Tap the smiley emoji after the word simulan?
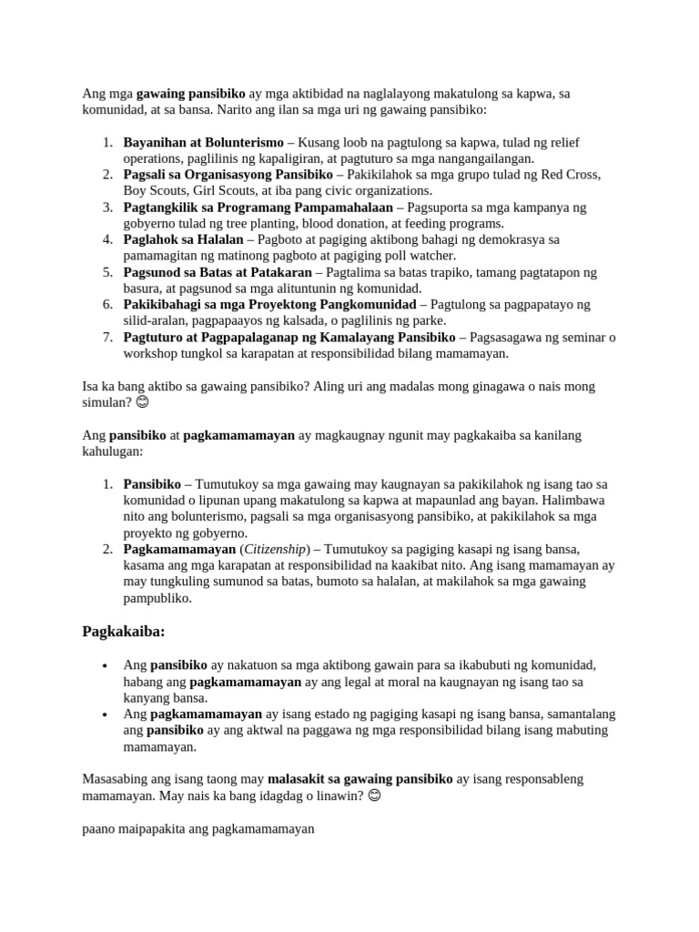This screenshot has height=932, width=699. [x=143, y=401]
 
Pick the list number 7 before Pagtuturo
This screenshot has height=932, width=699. [x=106, y=337]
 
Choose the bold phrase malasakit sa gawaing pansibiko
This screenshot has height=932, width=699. [x=360, y=779]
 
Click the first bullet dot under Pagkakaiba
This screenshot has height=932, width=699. [x=107, y=665]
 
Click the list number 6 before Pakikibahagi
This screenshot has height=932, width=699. [x=106, y=304]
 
